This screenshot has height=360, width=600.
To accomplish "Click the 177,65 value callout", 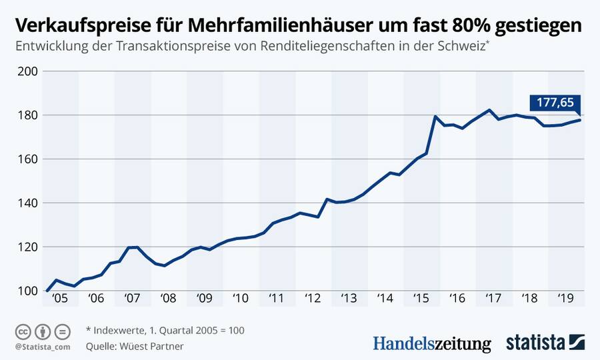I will point(555,103).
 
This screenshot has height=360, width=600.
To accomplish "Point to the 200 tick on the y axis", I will point(29,71).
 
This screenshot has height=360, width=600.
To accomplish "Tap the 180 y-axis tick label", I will point(29,115).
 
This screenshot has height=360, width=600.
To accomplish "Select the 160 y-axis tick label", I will point(29,159).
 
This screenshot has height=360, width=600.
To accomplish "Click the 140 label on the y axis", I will point(29,203).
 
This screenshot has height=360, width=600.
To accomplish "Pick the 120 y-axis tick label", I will point(29,247).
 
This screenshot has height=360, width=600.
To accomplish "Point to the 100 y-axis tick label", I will point(29,291).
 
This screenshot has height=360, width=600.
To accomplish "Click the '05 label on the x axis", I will point(61,299).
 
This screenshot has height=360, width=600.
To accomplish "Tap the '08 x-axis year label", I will point(168,299).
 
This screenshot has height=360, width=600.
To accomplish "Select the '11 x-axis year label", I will point(276,299).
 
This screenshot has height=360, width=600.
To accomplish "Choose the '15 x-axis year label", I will point(421,299).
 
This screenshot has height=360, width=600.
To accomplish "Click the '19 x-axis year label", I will point(565,299).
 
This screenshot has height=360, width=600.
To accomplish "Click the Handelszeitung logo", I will point(431,344).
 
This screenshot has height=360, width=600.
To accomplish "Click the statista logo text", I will point(535,343).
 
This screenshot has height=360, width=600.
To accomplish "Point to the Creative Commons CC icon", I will point(23,331).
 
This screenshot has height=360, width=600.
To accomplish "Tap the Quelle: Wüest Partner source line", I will point(135,346).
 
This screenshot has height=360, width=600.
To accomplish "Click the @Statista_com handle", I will point(42,347).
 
